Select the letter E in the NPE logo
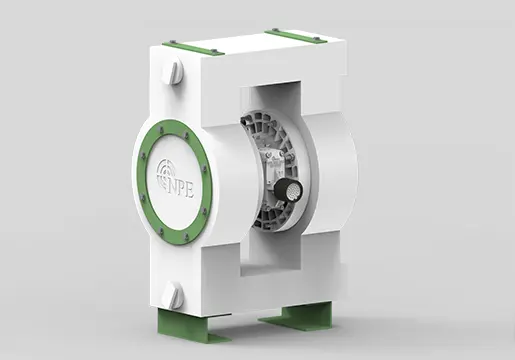[x=190, y=192]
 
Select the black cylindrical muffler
[x=288, y=190]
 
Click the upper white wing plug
[x=175, y=73]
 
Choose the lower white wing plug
[x=174, y=294]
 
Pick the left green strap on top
[x=193, y=47]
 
